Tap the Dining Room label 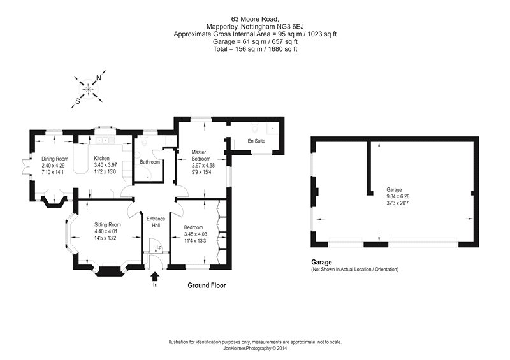(55, 159)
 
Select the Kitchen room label (103, 158)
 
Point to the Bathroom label (150, 162)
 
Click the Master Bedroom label (203, 155)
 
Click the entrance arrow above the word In (154, 276)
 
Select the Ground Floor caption (206, 286)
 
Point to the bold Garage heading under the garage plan (323, 262)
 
